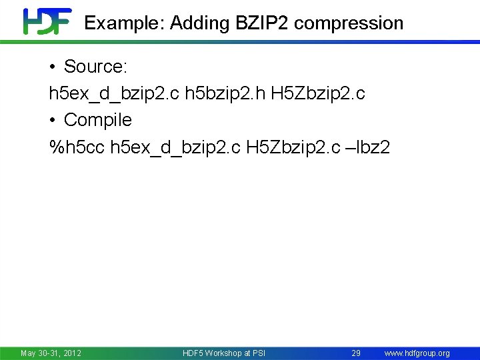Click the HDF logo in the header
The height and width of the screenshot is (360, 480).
47,21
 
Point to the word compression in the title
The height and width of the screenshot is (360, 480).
349,23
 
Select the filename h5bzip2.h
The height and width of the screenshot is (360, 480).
225,93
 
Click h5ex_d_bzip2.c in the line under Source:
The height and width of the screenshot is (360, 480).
114,93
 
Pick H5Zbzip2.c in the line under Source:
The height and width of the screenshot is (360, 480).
318,93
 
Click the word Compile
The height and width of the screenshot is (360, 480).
98,120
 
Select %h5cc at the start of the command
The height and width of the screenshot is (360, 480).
77,147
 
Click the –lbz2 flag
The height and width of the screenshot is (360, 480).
367,147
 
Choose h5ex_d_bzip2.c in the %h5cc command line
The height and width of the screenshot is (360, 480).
175,147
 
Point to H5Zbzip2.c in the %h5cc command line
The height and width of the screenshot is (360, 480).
293,147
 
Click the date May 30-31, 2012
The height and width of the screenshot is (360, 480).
51,353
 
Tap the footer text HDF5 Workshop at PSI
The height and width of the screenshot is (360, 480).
224,353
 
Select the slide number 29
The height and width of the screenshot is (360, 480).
356,353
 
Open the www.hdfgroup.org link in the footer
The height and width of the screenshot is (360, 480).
417,353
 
